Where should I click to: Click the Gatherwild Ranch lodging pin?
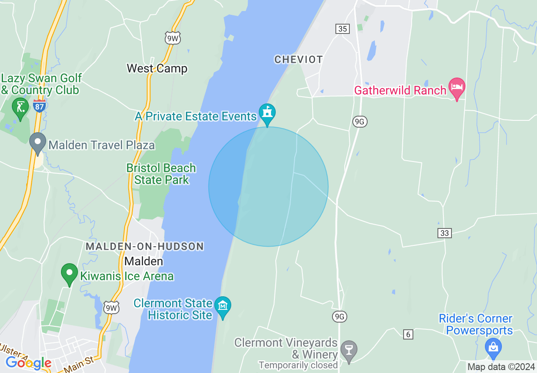point(457,87)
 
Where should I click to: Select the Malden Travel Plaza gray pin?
point(38,142)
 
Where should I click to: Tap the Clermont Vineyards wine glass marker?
point(349,350)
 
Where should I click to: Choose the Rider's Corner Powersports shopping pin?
point(493,346)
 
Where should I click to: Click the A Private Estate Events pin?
point(267,114)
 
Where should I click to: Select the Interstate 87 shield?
point(39,106)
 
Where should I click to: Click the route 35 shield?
point(343,29)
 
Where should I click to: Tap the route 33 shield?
point(445,233)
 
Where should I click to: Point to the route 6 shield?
point(408,334)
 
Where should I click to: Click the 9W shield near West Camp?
point(173,39)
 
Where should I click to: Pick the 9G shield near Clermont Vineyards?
point(340,316)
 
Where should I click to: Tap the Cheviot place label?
point(299,60)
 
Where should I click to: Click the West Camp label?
point(157,68)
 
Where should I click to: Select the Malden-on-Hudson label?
point(145,246)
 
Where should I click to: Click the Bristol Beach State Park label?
point(161,174)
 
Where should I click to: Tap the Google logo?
point(28,363)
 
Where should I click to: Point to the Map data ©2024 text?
point(501,367)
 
